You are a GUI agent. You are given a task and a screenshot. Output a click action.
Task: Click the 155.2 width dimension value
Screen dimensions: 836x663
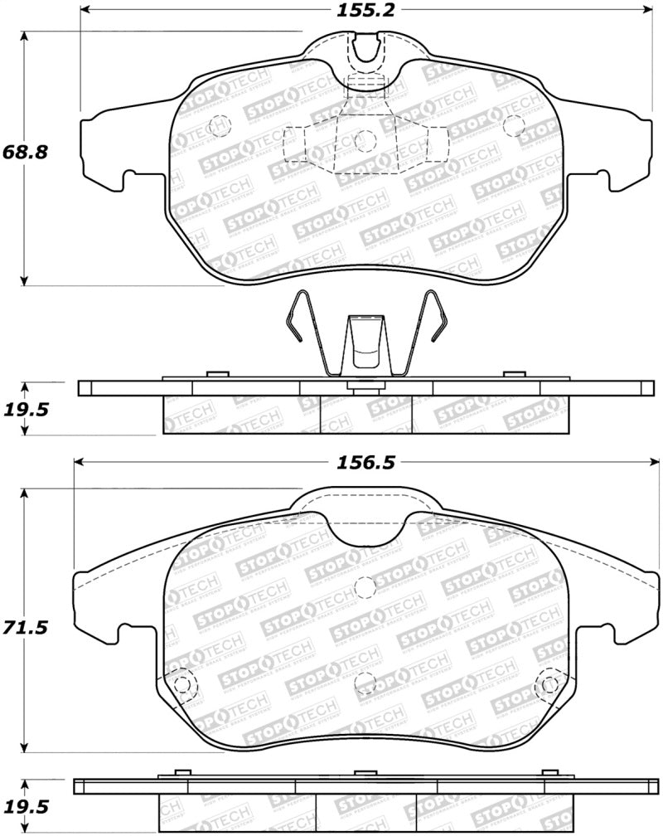tap(365, 11)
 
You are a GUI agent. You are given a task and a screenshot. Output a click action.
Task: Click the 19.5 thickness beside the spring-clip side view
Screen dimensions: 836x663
tap(27, 408)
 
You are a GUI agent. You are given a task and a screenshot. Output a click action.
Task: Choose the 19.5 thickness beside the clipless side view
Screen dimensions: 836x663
tap(27, 806)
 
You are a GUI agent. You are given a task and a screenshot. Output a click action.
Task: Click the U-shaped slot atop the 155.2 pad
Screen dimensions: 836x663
tap(365, 51)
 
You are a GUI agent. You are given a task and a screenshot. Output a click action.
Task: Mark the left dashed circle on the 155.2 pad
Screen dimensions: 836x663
tap(219, 126)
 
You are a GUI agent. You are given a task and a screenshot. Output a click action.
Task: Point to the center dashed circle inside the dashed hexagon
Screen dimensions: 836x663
tap(365, 141)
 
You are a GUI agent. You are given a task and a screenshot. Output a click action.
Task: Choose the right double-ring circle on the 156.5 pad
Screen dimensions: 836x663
tap(548, 685)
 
